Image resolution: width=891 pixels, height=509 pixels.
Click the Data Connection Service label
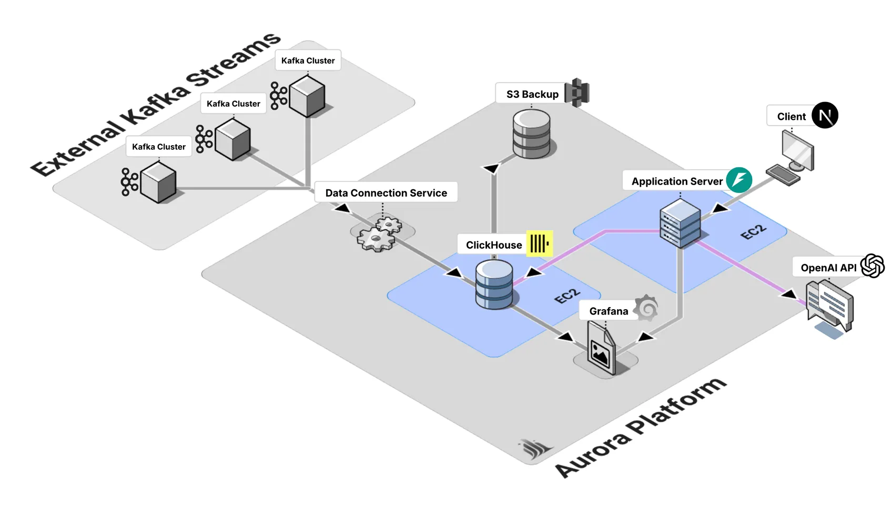point(386,192)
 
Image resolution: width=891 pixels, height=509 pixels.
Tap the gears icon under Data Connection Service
point(379,234)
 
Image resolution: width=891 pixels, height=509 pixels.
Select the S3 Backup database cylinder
point(531,134)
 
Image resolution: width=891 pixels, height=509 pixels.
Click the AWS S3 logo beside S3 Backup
point(577,93)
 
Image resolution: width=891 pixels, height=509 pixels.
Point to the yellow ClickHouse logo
point(539,243)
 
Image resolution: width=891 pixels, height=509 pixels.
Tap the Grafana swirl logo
point(646,308)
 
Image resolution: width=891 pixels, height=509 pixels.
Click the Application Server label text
point(676,181)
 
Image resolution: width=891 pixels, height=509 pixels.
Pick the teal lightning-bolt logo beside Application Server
point(738,180)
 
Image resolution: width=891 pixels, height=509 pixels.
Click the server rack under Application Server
point(680,223)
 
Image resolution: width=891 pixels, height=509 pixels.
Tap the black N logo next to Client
point(824,115)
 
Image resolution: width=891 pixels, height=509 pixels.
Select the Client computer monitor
point(797,150)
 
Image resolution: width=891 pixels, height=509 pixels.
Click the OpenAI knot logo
point(872,266)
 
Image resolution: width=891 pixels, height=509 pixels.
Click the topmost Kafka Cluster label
point(308,60)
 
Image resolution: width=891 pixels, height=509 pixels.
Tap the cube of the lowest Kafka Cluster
point(158,182)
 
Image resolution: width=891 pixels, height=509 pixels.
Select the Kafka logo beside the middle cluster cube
point(204,139)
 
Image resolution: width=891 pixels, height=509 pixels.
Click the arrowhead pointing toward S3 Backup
point(491,168)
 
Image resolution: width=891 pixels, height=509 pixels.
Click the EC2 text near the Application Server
point(753,232)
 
